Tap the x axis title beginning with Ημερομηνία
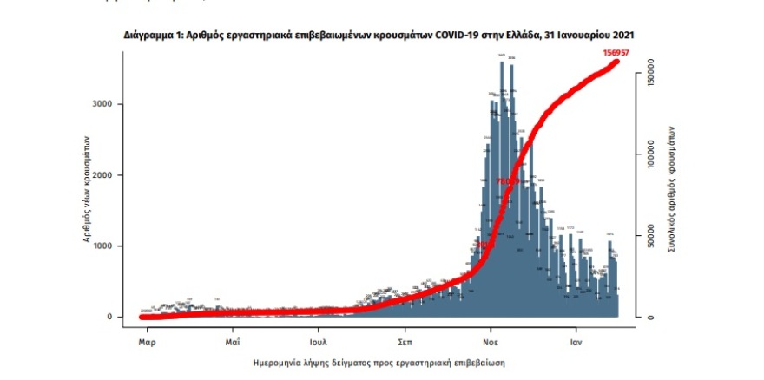click(x=379, y=360)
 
